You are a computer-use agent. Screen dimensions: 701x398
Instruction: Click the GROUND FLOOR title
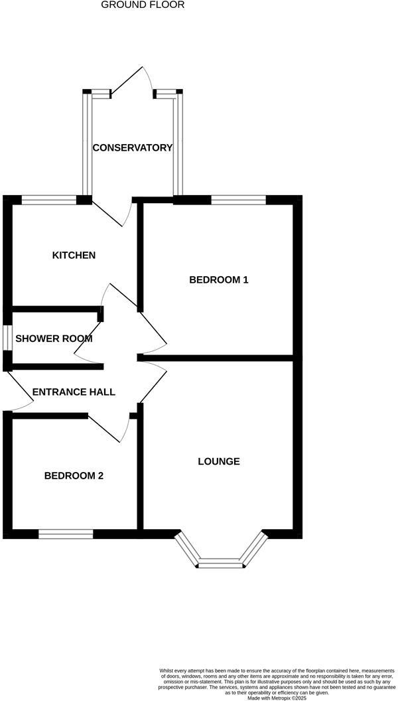pos(143,5)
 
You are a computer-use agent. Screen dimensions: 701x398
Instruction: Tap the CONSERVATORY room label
pos(132,147)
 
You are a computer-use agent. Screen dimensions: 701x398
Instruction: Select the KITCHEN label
pos(74,255)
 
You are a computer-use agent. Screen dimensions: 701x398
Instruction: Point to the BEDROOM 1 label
pos(219,279)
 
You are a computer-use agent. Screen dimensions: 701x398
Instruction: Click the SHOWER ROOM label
pos(54,339)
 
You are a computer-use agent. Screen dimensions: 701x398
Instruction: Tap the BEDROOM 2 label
pos(74,475)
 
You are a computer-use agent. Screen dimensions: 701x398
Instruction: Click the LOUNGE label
pos(219,461)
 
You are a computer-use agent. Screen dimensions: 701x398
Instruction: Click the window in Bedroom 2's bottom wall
pos(66,534)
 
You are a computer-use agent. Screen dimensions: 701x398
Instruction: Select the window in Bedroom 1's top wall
pos(239,198)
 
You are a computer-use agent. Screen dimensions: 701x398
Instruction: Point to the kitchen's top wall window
pos(49,198)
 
